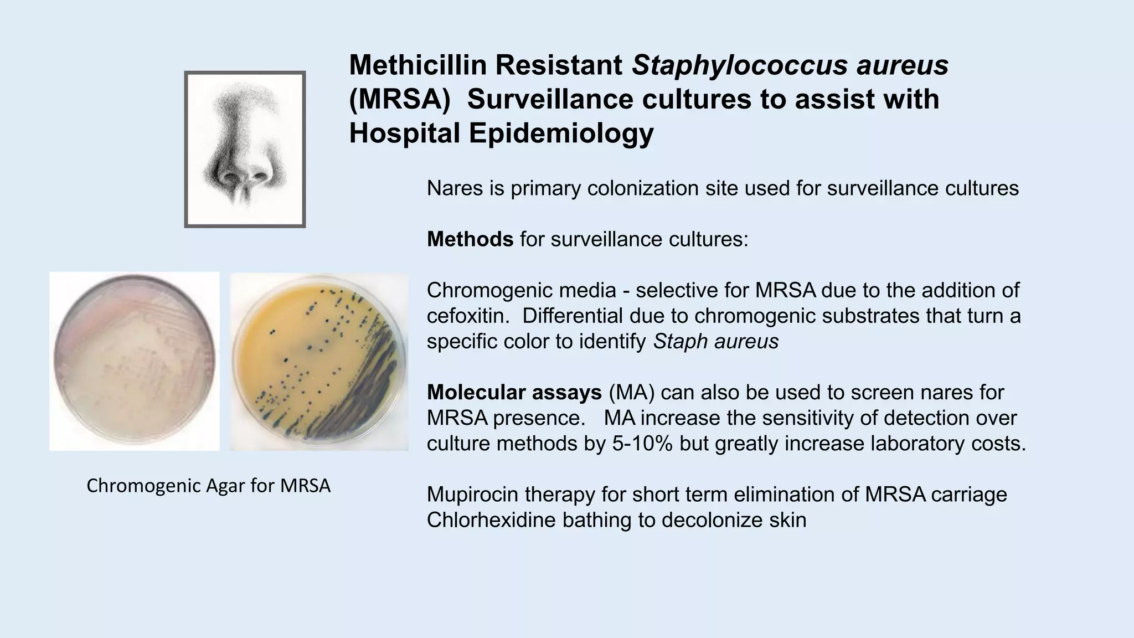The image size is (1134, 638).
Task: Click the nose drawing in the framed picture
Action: pyautogui.click(x=245, y=148)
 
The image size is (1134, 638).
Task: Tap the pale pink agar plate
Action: pyautogui.click(x=135, y=361)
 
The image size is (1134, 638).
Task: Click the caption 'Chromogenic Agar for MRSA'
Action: pyautogui.click(x=208, y=486)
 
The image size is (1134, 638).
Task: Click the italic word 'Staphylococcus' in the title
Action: pyautogui.click(x=739, y=65)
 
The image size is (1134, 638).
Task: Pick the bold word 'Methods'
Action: pyautogui.click(x=470, y=239)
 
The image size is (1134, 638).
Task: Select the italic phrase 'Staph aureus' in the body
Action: pyautogui.click(x=716, y=341)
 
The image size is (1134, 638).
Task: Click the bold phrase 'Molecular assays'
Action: pyautogui.click(x=514, y=392)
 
